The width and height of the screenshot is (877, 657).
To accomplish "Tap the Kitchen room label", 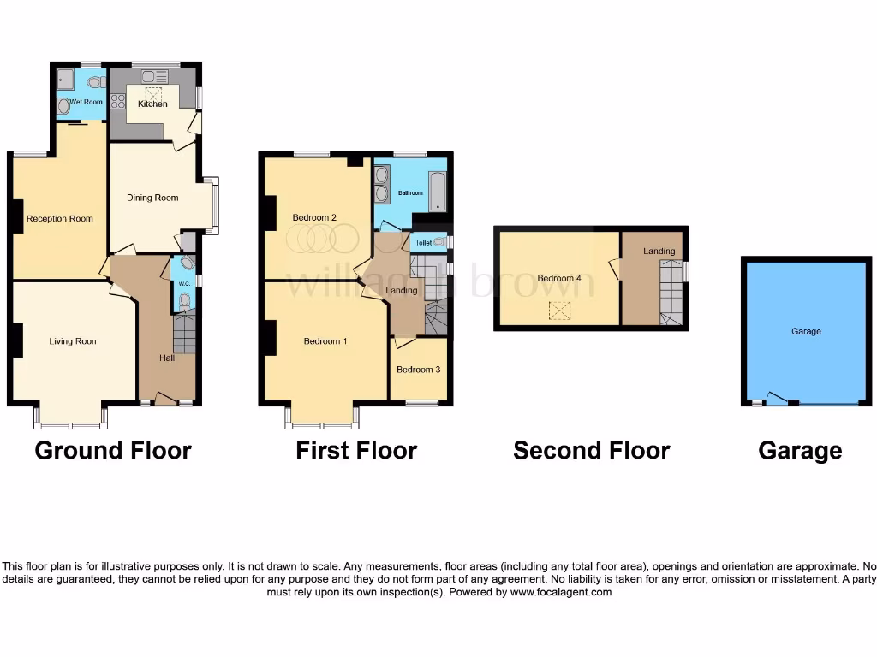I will (x=152, y=104).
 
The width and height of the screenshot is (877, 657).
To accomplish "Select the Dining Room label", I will (x=152, y=198).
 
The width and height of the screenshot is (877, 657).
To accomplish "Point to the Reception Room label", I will (x=59, y=218).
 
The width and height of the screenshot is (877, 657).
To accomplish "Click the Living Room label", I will (x=74, y=341).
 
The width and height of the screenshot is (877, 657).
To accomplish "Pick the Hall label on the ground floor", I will (x=166, y=358).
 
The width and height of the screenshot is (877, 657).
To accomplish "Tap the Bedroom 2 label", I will (x=313, y=217).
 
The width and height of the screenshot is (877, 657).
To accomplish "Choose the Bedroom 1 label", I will (x=325, y=341).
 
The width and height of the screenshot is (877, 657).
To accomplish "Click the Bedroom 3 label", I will (x=418, y=370).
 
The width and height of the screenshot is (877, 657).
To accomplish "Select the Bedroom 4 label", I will (x=559, y=278).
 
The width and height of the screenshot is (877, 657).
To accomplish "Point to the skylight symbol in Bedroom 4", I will (x=560, y=311).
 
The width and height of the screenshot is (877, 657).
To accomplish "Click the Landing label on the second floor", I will (x=659, y=251).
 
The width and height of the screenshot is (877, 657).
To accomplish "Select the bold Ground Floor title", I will (x=113, y=450).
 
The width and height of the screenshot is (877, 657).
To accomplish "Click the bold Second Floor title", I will (x=591, y=450).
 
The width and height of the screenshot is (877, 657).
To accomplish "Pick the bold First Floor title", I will (x=356, y=450).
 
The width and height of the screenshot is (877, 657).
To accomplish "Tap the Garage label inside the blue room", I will (x=806, y=331).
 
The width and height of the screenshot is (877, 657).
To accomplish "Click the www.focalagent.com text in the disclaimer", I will (x=560, y=592).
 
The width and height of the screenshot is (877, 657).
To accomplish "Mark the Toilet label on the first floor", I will (x=423, y=243).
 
